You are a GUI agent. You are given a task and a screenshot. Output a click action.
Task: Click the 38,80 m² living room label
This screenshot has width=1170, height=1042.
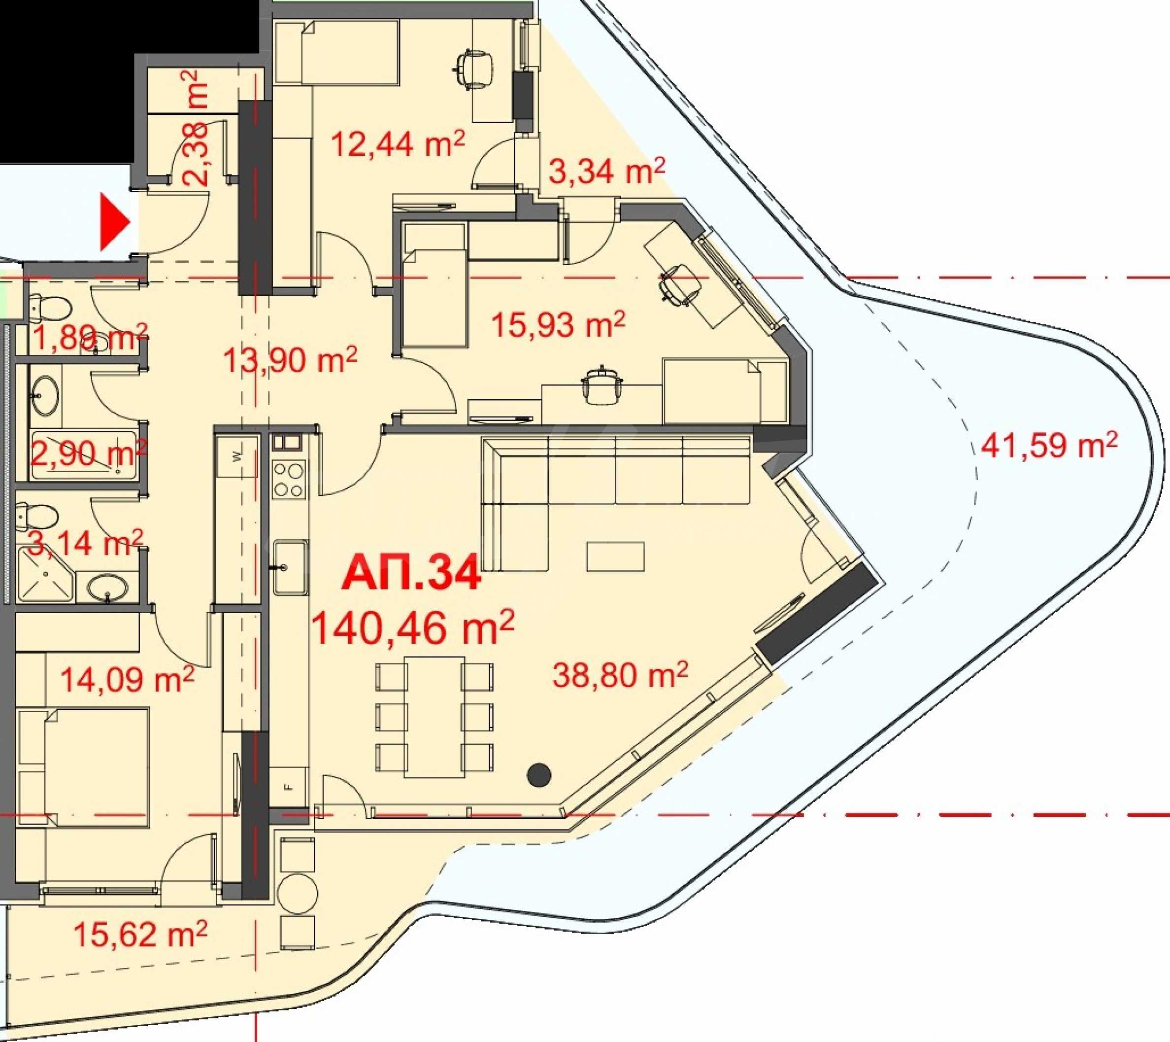(620, 674)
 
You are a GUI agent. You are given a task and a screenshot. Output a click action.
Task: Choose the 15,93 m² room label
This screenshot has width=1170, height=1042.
(558, 324)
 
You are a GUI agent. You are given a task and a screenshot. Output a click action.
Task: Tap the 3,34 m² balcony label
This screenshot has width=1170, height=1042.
(607, 171)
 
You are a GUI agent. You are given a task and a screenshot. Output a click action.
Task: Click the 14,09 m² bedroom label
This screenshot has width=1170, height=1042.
(127, 680)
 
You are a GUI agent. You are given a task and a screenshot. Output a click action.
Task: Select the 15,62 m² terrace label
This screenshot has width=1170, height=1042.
(140, 935)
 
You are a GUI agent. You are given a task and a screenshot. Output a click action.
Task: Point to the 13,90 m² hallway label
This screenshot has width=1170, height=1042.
(290, 360)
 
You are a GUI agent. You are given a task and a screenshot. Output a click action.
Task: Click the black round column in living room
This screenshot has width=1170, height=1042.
(538, 775)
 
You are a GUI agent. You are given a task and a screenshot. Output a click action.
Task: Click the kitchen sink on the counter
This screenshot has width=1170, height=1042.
(290, 567)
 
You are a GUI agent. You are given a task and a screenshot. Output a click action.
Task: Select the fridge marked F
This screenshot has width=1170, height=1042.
(289, 787)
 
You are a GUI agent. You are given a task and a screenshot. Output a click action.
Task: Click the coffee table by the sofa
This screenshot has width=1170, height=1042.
(615, 556)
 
